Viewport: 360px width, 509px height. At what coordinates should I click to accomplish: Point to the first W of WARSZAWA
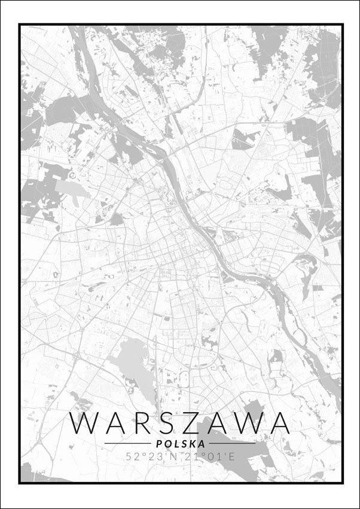coord(83,423)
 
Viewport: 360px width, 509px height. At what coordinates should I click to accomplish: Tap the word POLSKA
coord(180,443)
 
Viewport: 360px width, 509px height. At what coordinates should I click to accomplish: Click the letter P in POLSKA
coord(157,443)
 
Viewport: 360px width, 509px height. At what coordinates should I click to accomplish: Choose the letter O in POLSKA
coord(166,443)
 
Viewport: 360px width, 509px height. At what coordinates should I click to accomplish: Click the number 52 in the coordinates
coord(132,456)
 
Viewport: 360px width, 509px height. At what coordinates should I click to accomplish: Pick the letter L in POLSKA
coord(176,443)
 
